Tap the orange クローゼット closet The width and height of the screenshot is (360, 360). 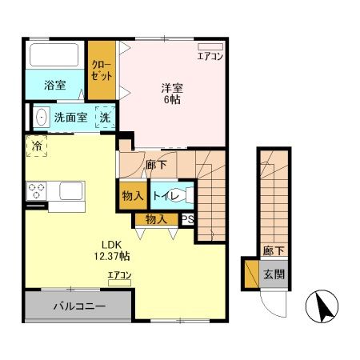102,69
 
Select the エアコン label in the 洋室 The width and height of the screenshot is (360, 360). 211,56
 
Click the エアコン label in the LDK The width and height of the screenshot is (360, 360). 120,275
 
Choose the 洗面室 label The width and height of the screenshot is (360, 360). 70,117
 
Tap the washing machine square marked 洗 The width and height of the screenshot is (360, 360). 105,117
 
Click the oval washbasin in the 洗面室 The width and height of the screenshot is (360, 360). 42,118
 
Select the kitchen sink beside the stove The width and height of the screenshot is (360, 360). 69,192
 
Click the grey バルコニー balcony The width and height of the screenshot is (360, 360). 79,306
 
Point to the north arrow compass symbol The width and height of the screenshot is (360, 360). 323,309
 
